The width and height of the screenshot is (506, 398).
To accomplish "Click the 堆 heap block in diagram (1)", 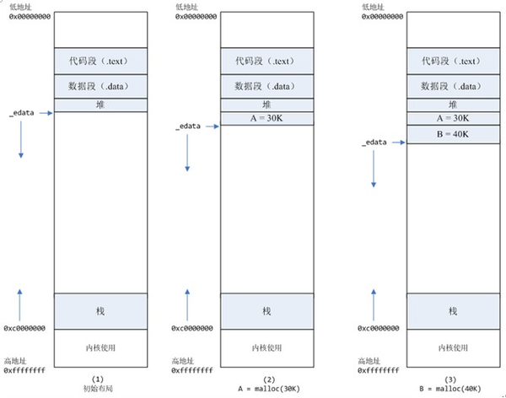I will point(100,105).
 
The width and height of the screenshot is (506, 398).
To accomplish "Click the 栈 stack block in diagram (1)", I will point(100,312).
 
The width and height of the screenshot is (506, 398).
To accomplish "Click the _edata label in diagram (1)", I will point(23,113).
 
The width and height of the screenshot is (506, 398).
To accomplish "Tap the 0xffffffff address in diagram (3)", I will point(377,369).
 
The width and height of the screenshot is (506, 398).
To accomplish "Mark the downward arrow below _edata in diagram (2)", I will point(187,152).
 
